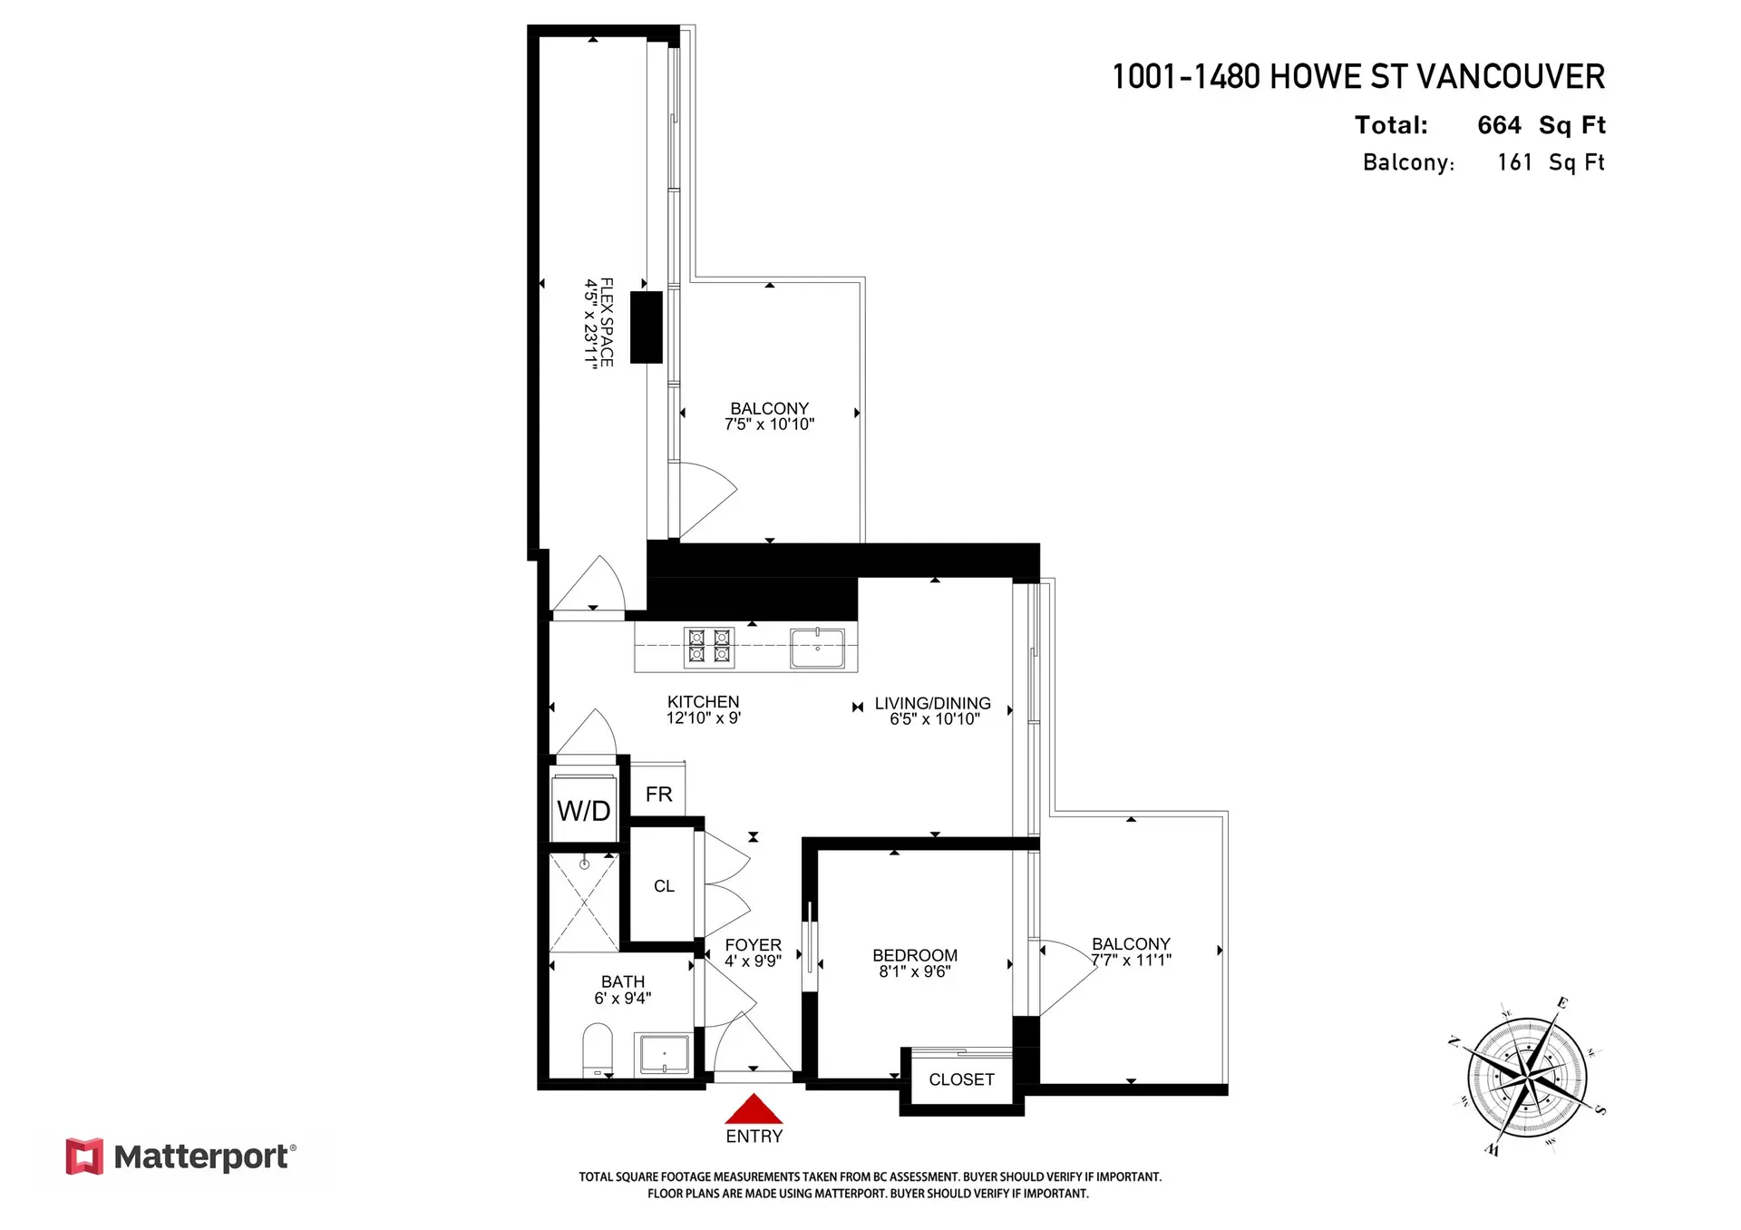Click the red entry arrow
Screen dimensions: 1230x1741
tap(754, 1111)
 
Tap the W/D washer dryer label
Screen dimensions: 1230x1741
tap(583, 810)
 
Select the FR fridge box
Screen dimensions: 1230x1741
tap(658, 794)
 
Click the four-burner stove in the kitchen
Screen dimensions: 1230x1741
tap(709, 646)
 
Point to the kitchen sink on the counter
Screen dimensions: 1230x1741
tap(817, 648)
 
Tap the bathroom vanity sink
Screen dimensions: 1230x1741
tap(665, 1055)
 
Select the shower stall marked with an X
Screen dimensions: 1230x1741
tap(584, 902)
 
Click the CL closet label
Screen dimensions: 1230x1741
tap(664, 886)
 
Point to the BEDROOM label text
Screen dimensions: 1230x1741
tap(914, 955)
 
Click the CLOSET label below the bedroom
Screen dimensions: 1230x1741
tap(961, 1079)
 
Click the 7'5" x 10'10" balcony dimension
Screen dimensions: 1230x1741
tap(769, 425)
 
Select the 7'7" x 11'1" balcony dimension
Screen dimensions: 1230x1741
tap(1131, 960)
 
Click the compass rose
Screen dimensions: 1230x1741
tap(1528, 1079)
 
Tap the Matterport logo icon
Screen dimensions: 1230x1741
tap(84, 1157)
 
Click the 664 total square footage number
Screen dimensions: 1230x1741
tap(1499, 125)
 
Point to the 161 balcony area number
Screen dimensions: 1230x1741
tap(1514, 162)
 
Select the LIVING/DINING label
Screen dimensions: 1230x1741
tap(932, 703)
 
